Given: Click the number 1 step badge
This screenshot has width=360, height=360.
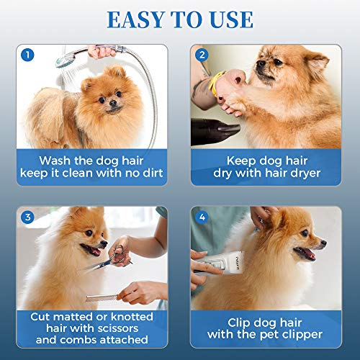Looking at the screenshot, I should pos(28,54).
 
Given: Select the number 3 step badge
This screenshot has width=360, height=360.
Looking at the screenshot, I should pos(28,217).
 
